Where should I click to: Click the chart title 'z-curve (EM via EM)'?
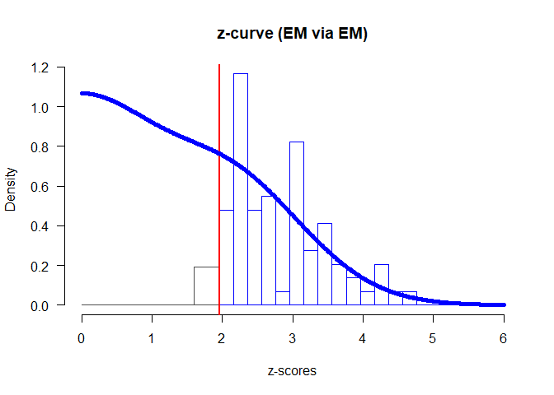tap(292, 34)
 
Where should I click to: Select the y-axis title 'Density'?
tap(12, 186)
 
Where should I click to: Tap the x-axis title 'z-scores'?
tap(292, 371)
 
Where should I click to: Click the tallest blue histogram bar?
tap(241, 189)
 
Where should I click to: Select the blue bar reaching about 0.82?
tap(297, 222)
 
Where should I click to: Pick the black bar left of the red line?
tap(206, 286)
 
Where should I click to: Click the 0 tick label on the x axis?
tap(82, 337)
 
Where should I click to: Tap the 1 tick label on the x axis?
tap(152, 337)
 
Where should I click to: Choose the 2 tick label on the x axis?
tap(222, 337)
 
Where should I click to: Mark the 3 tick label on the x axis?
tap(293, 337)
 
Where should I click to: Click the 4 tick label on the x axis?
tap(363, 337)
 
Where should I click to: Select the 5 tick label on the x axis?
tap(433, 337)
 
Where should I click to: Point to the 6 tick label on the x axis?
tap(503, 337)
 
